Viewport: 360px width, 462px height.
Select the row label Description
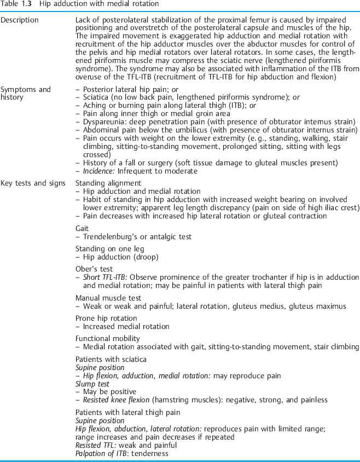point(20,21)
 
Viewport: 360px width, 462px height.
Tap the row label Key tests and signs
point(33,183)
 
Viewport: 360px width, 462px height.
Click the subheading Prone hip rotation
point(106,318)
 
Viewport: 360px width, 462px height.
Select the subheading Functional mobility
point(107,338)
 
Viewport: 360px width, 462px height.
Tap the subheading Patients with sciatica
point(111,359)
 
